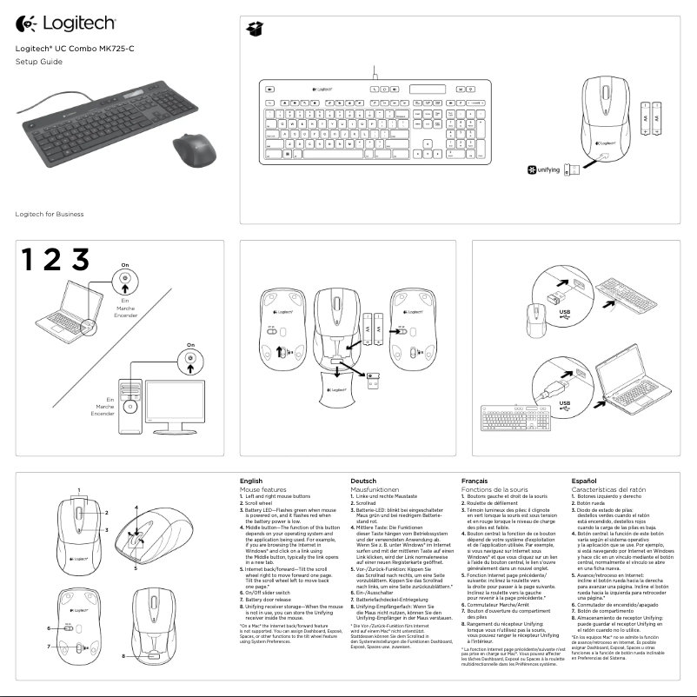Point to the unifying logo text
[548, 169]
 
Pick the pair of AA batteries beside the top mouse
[651, 116]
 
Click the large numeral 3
[80, 259]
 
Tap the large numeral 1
[29, 259]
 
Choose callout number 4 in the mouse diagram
[136, 507]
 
